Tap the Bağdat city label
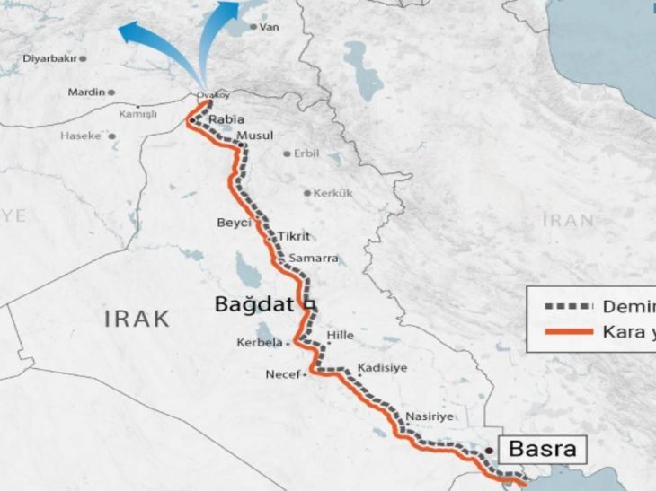point(254,304)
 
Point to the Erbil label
point(306,153)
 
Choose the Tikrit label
point(294,236)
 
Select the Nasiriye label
point(430,416)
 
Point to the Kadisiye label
point(383,368)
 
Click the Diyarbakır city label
point(49,58)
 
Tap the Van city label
point(269,27)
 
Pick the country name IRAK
point(137,318)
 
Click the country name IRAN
point(568,220)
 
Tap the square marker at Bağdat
point(307,305)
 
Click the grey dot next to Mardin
point(111,92)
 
